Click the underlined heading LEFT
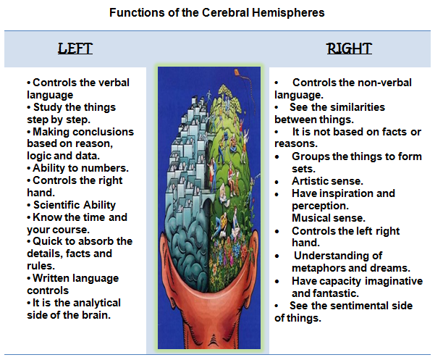pyautogui.click(x=75, y=49)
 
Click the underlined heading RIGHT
pyautogui.click(x=349, y=49)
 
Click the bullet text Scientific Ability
pyautogui.click(x=74, y=205)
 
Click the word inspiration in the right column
pyautogui.click(x=342, y=193)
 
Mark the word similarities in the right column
pyautogui.click(x=350, y=107)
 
